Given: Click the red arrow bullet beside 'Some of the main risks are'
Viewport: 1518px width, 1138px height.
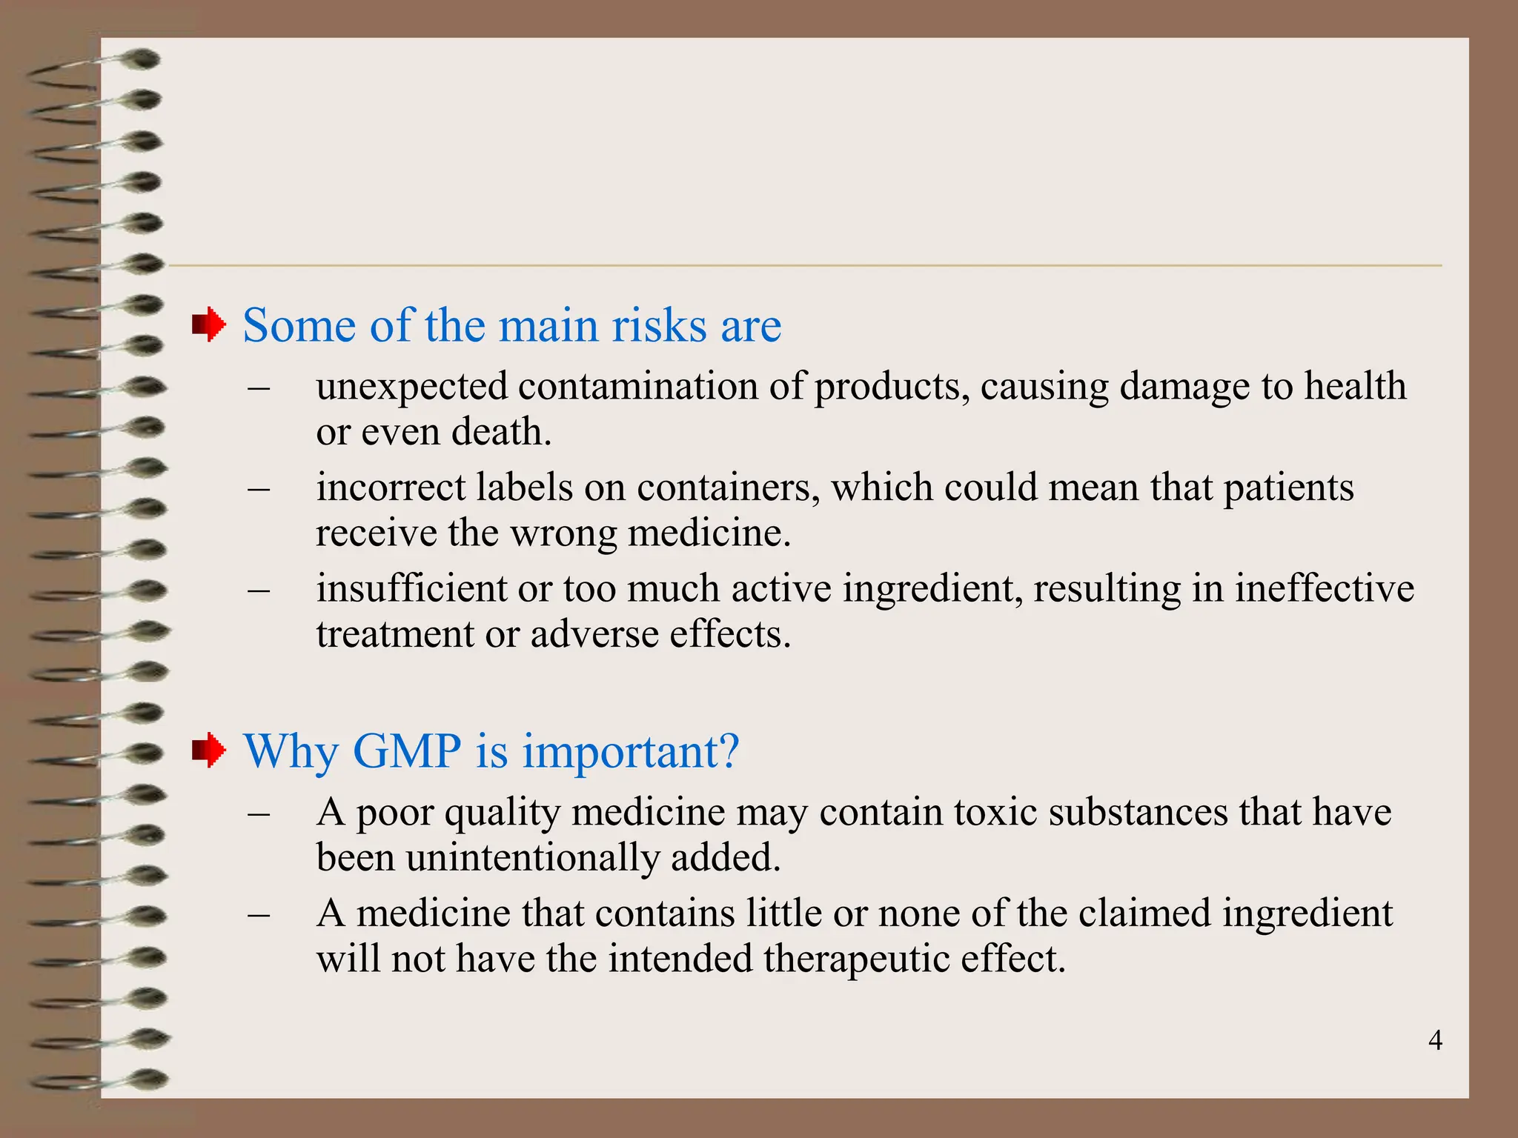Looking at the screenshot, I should [209, 325].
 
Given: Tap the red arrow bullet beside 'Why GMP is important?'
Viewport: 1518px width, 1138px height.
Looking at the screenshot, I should [209, 751].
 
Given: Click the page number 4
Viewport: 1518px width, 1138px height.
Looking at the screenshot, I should [1435, 1041].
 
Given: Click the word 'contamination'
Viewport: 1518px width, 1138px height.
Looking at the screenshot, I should [637, 386].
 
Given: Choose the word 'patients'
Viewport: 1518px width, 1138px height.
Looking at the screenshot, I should [1288, 489].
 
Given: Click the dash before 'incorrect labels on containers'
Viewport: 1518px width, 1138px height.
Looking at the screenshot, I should [258, 489].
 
